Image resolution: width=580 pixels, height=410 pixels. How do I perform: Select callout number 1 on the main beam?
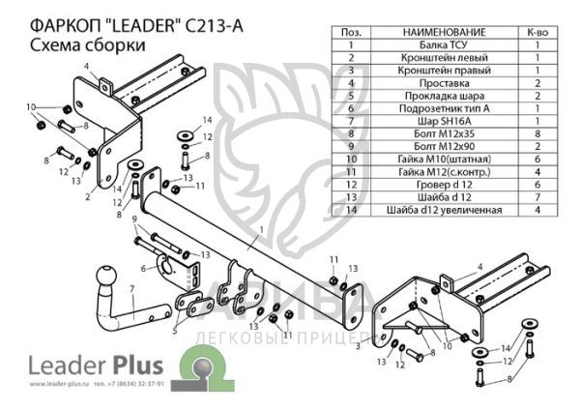261,229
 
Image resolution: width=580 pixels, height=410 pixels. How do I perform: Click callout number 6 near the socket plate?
143,268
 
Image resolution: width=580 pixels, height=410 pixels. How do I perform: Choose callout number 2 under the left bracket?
88,197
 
